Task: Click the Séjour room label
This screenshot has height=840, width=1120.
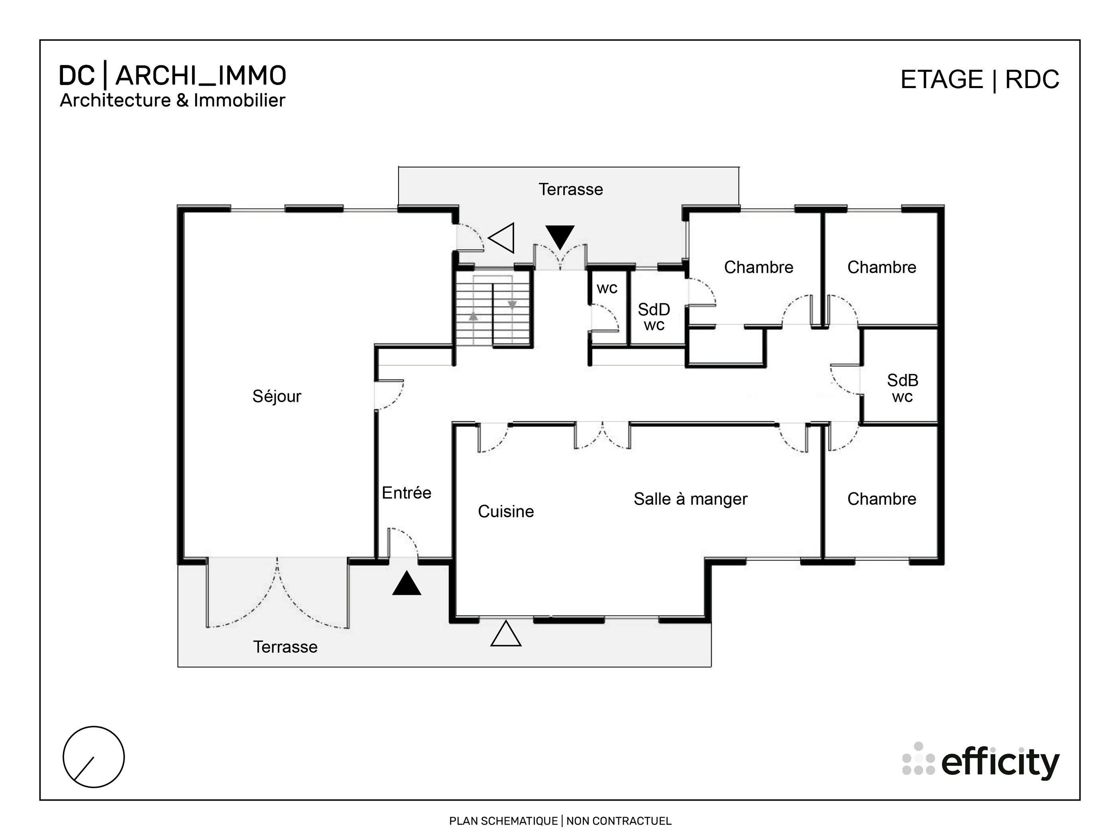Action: pos(277,396)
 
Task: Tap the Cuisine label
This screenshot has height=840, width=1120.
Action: pos(505,511)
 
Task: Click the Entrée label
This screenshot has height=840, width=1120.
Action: pos(406,493)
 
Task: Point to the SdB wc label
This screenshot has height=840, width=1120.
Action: pos(902,388)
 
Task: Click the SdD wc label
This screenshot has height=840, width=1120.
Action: pos(654,317)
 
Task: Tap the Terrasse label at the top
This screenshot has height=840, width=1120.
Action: pos(571,189)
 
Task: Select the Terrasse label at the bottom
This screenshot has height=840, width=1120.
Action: pos(285,647)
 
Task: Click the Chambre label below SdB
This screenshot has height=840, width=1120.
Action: pos(882,499)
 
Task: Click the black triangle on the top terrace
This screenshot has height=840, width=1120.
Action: pos(560,236)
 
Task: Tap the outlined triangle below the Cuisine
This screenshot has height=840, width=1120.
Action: pos(506,635)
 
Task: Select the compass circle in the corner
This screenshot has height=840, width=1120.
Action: pos(94,757)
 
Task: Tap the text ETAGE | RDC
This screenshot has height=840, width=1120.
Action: pos(979,79)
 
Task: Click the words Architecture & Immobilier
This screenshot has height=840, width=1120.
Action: pos(173,100)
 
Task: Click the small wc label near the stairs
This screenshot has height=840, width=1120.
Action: pos(607,288)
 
